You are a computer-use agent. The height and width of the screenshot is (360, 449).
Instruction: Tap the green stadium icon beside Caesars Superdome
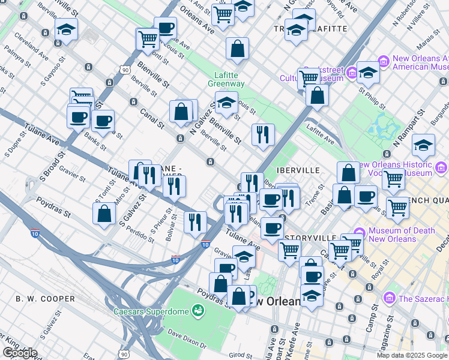[196, 310]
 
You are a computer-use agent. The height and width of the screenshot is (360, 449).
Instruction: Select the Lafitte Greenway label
[226, 79]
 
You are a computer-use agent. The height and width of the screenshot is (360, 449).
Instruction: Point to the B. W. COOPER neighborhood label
[46, 298]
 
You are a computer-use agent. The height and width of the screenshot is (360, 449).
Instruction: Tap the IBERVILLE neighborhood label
[299, 170]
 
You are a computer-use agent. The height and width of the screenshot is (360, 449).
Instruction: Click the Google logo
[20, 353]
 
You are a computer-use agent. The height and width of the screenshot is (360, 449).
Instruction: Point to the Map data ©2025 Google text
[412, 355]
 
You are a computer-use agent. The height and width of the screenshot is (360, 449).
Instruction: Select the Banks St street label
[94, 141]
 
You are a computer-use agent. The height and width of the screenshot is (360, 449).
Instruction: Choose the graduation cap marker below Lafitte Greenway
[226, 103]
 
